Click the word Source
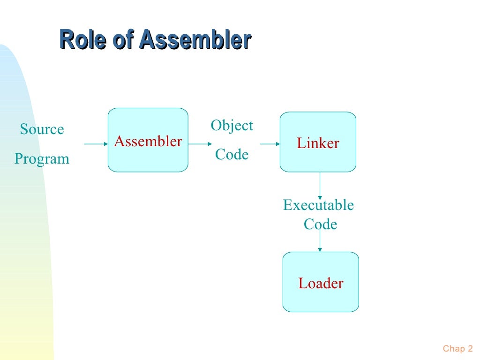coord(42,129)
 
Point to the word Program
coord(42,159)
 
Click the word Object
coord(232,126)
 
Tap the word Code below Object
coord(232,154)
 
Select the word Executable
coord(318,205)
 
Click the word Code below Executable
coord(320,225)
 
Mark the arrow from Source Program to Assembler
coord(96,144)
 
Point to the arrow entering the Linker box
coord(270,144)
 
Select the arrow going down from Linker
coord(320,185)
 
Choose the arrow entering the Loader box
coord(320,241)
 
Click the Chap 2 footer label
coord(457,348)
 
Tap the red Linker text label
coord(318,143)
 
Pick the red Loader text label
coord(321,284)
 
